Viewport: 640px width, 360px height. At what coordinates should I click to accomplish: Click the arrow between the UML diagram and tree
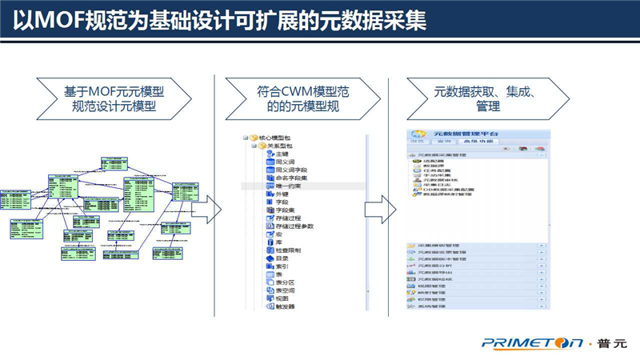(206, 210)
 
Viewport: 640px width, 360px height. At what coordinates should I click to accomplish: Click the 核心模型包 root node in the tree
(277, 137)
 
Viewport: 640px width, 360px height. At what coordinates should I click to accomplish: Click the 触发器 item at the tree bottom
(285, 306)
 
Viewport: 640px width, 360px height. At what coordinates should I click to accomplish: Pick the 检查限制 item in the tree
(287, 250)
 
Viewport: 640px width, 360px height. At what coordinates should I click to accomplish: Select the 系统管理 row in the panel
(437, 306)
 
